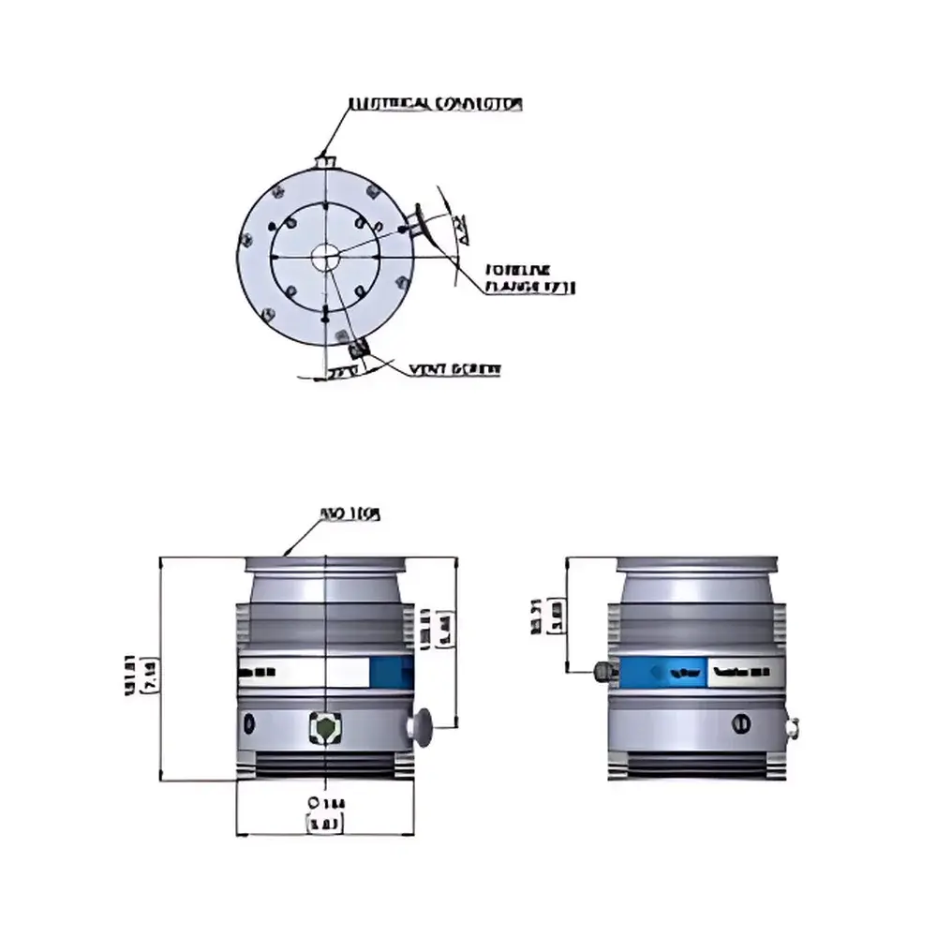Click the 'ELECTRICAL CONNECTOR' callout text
coord(435,104)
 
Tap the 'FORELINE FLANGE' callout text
coord(529,278)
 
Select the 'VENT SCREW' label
coord(454,369)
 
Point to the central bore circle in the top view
coord(326,256)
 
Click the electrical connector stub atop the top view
coord(325,162)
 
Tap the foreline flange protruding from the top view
coord(419,223)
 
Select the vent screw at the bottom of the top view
coord(357,350)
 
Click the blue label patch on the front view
coord(391,672)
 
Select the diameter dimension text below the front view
coord(323,813)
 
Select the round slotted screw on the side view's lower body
coord(740,722)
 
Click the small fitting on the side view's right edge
coord(794,725)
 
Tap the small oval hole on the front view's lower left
coord(249,723)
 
